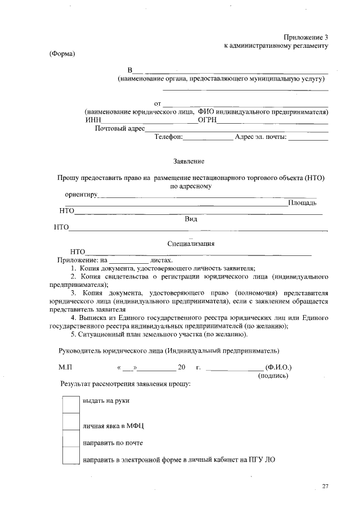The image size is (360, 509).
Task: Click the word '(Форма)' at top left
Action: (62, 54)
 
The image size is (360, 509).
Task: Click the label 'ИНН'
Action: (93, 120)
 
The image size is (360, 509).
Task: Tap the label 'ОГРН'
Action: (207, 120)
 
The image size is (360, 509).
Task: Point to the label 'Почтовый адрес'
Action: (120, 128)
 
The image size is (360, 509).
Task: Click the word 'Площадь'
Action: (303, 202)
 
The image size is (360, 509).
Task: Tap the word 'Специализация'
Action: (191, 244)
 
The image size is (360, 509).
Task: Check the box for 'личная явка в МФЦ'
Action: (70, 422)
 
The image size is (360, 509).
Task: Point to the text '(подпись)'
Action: (273, 376)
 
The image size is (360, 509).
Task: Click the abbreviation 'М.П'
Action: (66, 367)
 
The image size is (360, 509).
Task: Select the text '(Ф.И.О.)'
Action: (278, 367)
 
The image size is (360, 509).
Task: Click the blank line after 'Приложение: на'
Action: (129, 260)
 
